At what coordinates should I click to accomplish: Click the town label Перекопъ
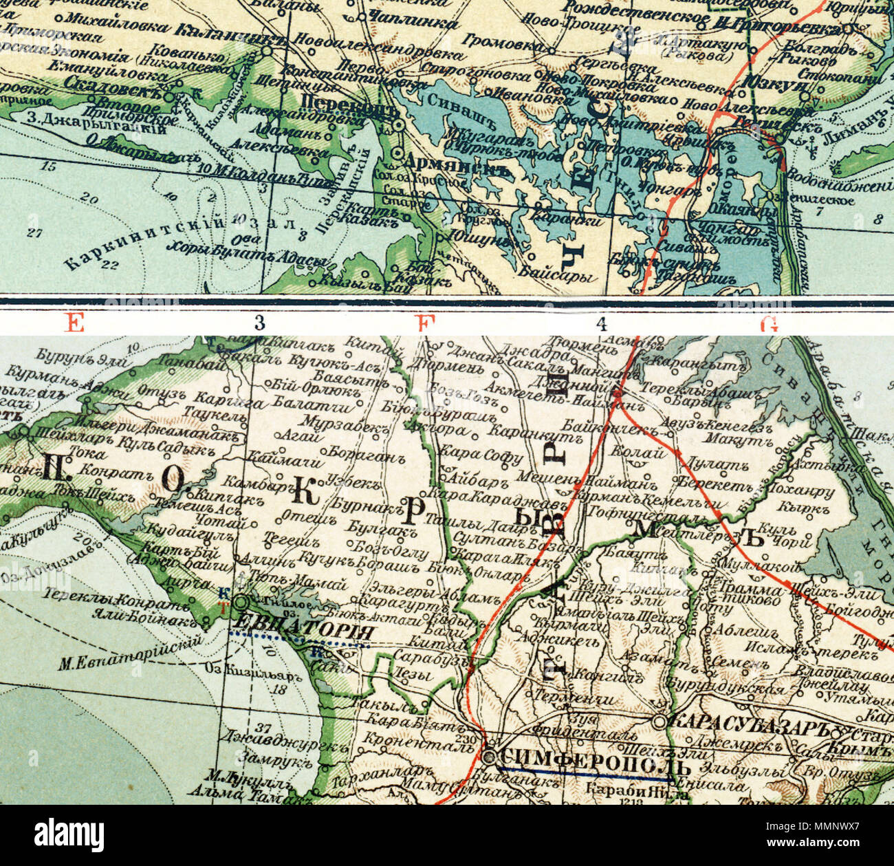pyautogui.click(x=350, y=110)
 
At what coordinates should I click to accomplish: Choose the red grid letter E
pyautogui.click(x=74, y=323)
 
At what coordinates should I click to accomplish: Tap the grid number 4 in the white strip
pyautogui.click(x=602, y=323)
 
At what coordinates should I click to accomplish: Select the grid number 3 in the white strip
pyautogui.click(x=259, y=323)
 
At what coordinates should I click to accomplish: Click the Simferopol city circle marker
pyautogui.click(x=489, y=757)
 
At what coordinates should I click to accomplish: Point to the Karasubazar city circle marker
pyautogui.click(x=659, y=722)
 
